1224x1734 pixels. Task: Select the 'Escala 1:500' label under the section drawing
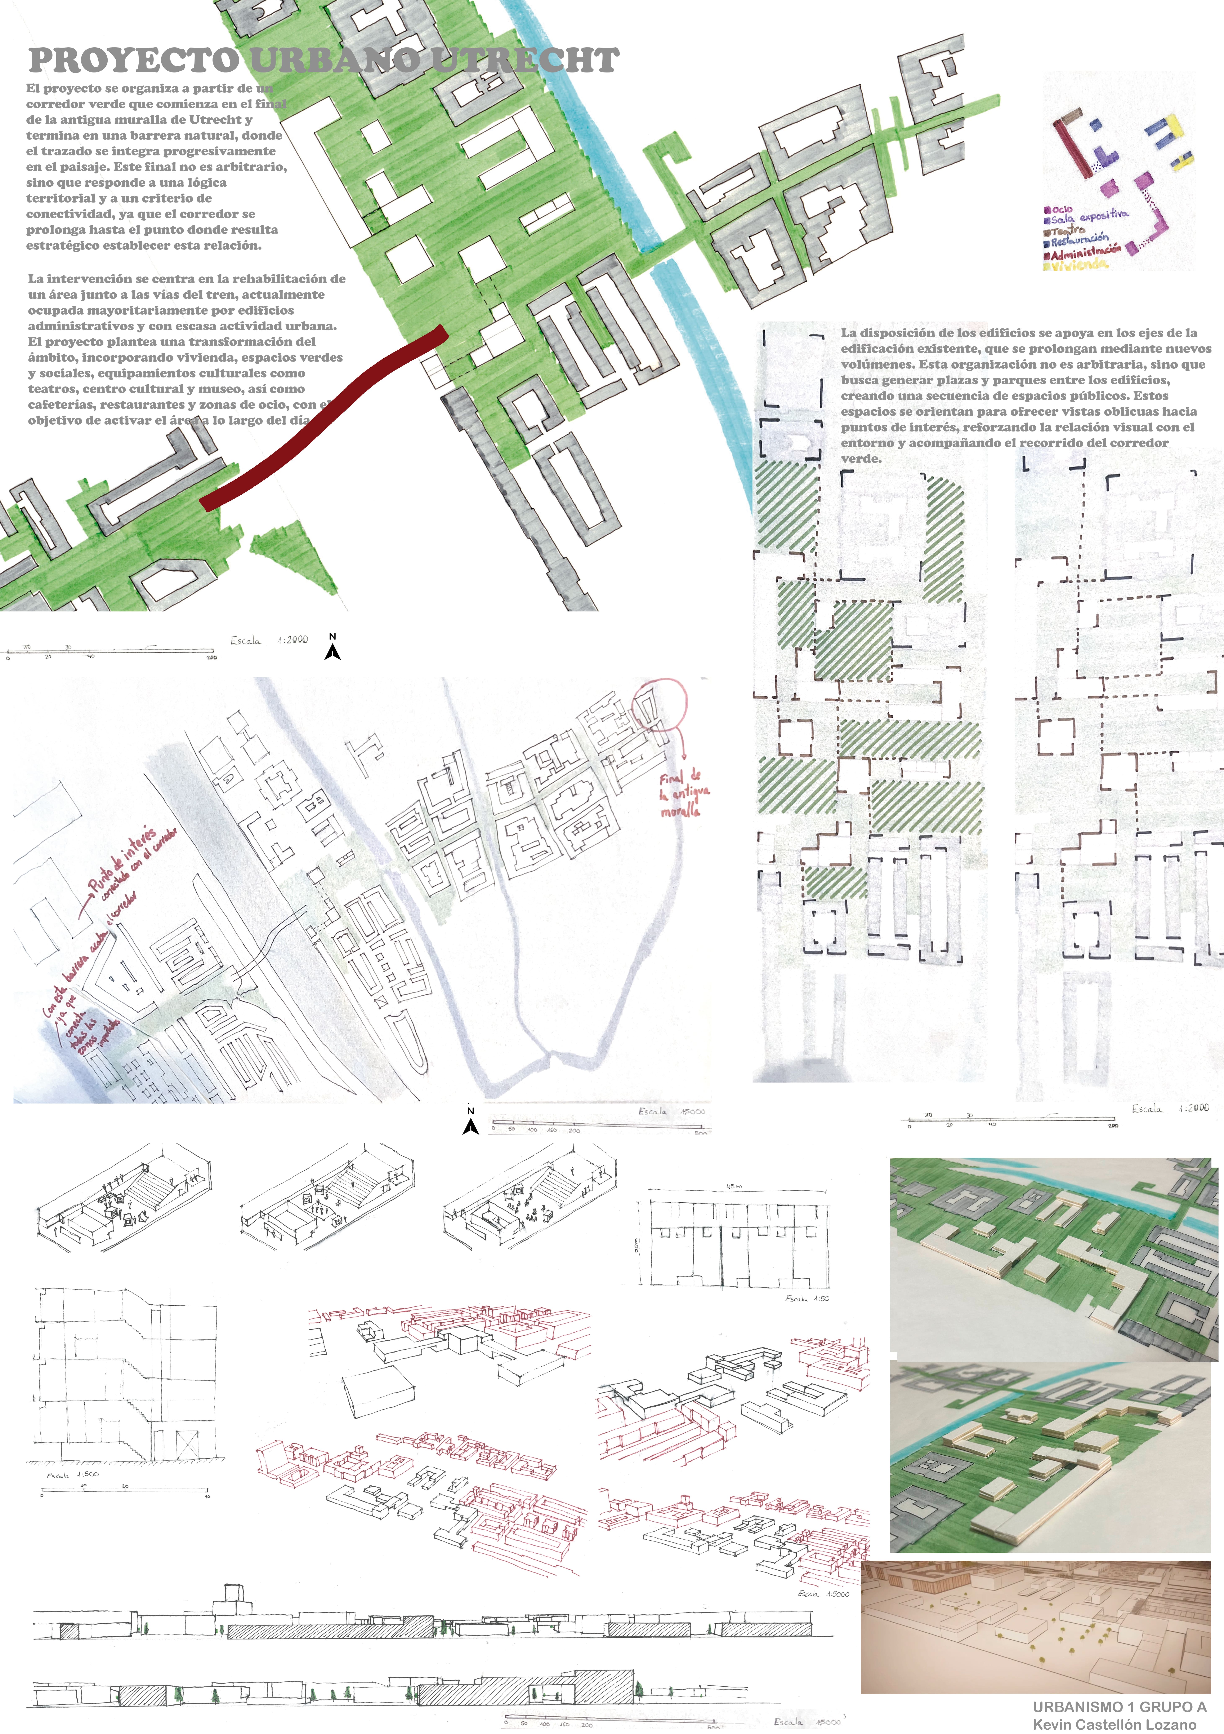click(x=72, y=1475)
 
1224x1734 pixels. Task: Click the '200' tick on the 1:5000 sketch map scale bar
click(x=575, y=1131)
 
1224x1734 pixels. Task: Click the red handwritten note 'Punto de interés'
click(x=121, y=861)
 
